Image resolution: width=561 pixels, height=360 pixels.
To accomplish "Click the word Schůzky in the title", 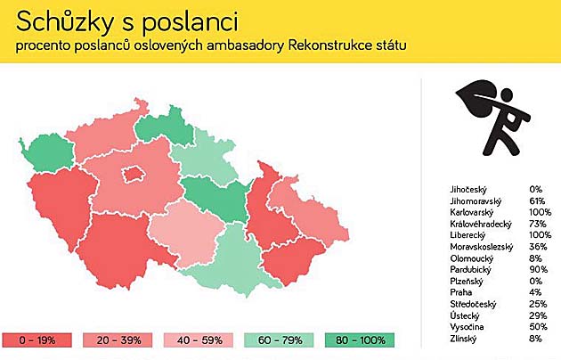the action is pyautogui.click(x=65, y=22).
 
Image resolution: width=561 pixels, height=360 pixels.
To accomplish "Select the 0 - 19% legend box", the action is pyautogui.click(x=37, y=340).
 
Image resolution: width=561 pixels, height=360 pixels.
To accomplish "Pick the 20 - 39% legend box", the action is pyautogui.click(x=118, y=340).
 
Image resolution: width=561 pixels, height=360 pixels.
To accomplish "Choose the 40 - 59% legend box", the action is pyautogui.click(x=199, y=340).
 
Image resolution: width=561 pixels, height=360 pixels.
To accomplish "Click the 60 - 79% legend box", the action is pyautogui.click(x=279, y=340).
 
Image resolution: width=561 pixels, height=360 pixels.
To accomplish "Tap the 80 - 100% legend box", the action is pyautogui.click(x=360, y=340).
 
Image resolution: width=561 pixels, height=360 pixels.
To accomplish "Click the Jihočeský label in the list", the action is pyautogui.click(x=468, y=190).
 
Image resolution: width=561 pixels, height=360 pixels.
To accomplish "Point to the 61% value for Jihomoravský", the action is pyautogui.click(x=537, y=200).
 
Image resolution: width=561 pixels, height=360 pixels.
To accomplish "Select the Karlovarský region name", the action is pyautogui.click(x=472, y=212).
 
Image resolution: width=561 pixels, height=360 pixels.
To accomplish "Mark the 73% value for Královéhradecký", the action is pyautogui.click(x=538, y=224).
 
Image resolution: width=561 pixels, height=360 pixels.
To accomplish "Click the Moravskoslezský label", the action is pyautogui.click(x=482, y=247).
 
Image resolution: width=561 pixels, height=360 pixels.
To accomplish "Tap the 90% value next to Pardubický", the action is pyautogui.click(x=539, y=269).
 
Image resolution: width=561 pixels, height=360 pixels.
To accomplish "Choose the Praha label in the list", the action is pyautogui.click(x=461, y=292).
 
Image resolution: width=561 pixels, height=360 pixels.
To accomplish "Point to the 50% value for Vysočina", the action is pyautogui.click(x=539, y=327).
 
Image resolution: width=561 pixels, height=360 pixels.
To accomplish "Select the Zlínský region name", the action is pyautogui.click(x=463, y=339).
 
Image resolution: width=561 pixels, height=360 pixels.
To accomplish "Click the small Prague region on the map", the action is pyautogui.click(x=134, y=175).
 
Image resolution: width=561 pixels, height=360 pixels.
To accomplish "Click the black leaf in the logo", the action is pyautogui.click(x=476, y=98).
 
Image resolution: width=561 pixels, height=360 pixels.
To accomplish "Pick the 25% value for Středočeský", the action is pyautogui.click(x=538, y=304).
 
